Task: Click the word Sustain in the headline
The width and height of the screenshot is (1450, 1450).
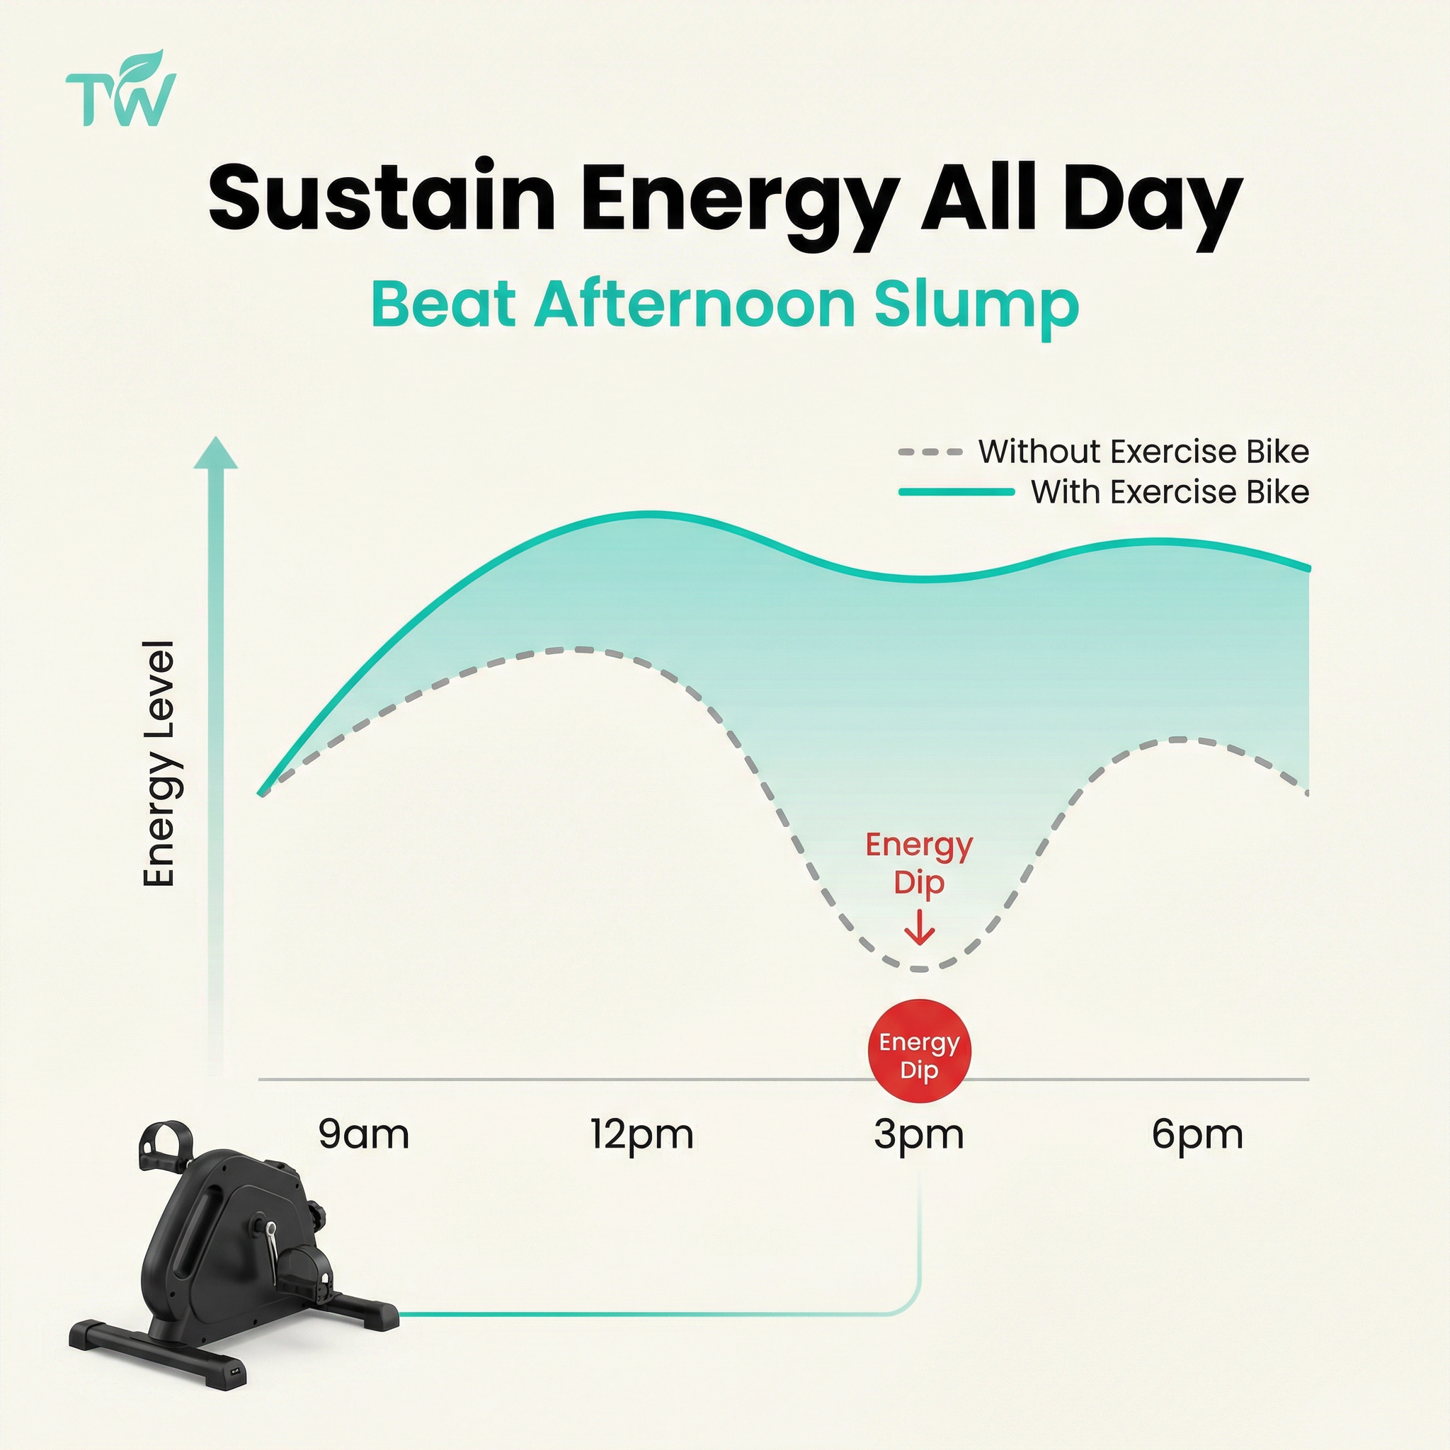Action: [x=382, y=200]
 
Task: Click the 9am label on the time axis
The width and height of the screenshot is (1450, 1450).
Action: [x=363, y=1134]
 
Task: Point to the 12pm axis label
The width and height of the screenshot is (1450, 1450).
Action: [x=641, y=1136]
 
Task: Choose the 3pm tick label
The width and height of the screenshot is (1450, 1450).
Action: [x=918, y=1136]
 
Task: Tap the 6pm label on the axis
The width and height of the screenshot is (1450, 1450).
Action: [x=1197, y=1136]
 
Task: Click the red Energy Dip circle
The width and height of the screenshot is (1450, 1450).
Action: [x=920, y=1051]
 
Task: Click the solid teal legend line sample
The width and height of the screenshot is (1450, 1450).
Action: [x=957, y=492]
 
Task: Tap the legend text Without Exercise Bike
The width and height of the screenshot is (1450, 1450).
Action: [x=1143, y=452]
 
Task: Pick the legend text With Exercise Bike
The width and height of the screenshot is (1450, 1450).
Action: [x=1170, y=492]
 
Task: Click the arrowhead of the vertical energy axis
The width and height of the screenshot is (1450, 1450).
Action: [x=216, y=452]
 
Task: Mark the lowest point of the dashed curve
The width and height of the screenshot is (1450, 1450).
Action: [x=920, y=970]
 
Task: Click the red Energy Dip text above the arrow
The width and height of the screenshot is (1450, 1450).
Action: [x=920, y=864]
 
